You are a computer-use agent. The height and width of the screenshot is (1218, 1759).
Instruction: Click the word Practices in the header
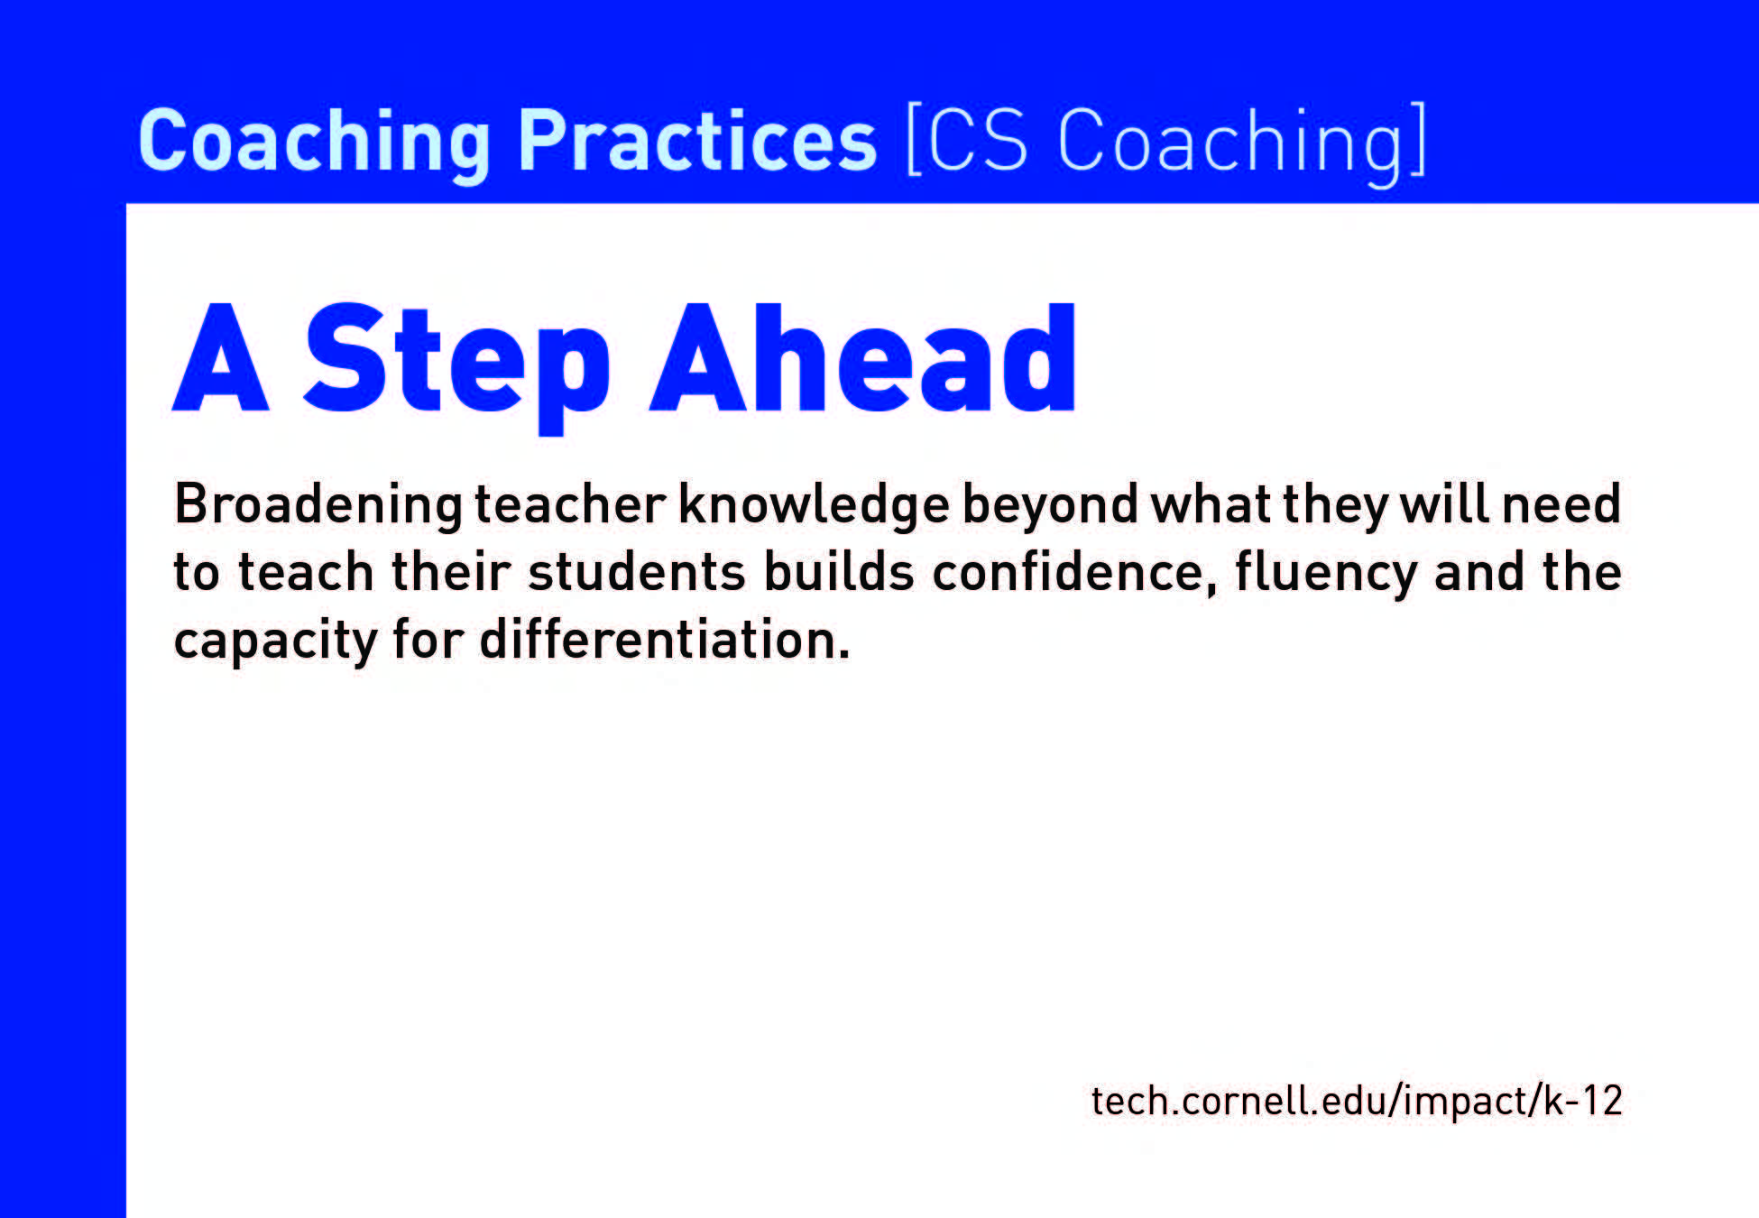point(697,140)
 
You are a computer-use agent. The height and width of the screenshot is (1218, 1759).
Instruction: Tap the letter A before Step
point(221,358)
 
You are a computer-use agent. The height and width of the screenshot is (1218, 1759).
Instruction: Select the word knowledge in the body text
point(814,506)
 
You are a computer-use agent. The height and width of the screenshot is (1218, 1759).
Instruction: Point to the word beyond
point(1051,506)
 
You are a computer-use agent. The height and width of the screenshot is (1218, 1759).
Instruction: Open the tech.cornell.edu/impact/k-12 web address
point(1357,1102)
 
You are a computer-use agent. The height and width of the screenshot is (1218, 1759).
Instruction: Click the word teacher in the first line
point(570,504)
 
